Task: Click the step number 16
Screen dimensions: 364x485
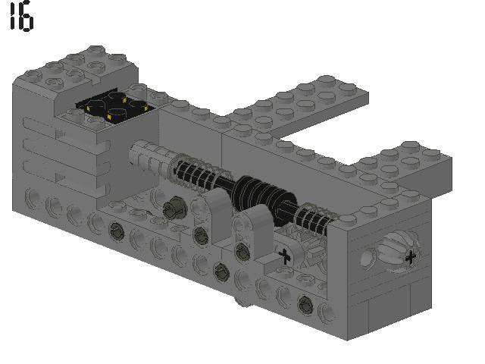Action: (x=21, y=18)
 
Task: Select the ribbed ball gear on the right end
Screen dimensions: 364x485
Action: (x=399, y=253)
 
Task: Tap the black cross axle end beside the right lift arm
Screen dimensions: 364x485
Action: (x=284, y=256)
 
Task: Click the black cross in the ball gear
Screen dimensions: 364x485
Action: (x=410, y=258)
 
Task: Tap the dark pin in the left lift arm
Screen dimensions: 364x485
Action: (x=201, y=232)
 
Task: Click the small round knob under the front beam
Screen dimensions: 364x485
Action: (x=242, y=304)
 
